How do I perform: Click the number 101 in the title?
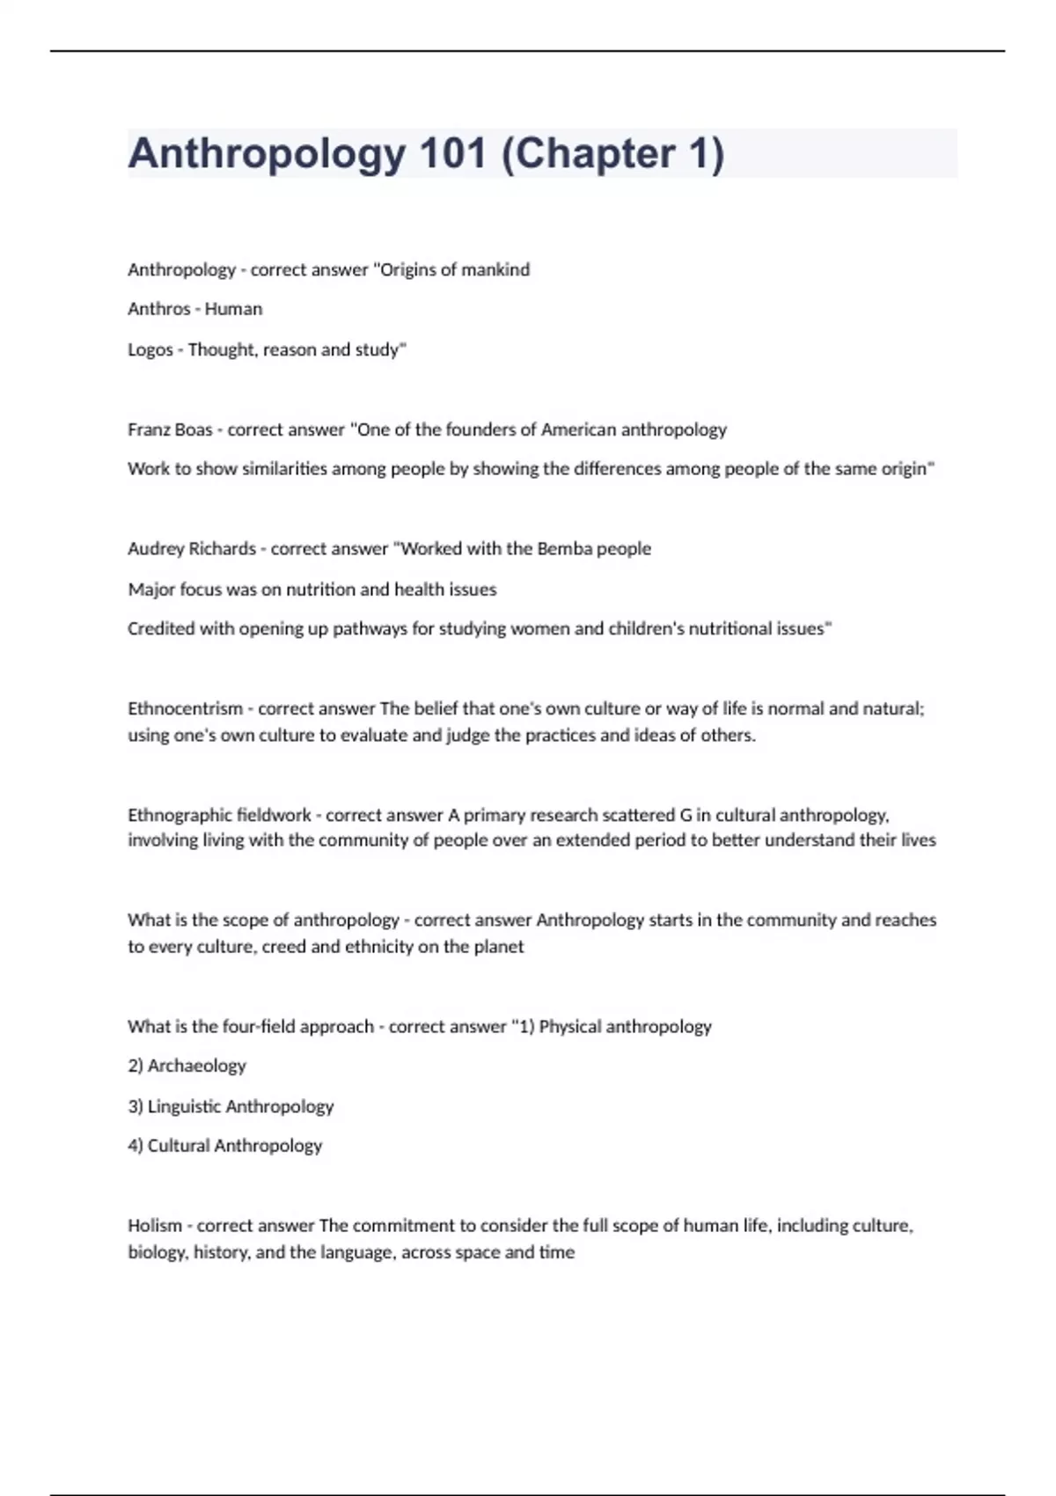(453, 154)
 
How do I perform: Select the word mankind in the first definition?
(495, 269)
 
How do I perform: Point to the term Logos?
(150, 349)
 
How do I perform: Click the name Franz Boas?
(170, 429)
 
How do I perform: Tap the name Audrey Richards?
(192, 548)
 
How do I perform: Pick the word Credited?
(161, 628)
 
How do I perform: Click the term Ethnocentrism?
(185, 708)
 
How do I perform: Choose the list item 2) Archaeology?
(187, 1066)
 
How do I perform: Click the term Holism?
(154, 1225)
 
